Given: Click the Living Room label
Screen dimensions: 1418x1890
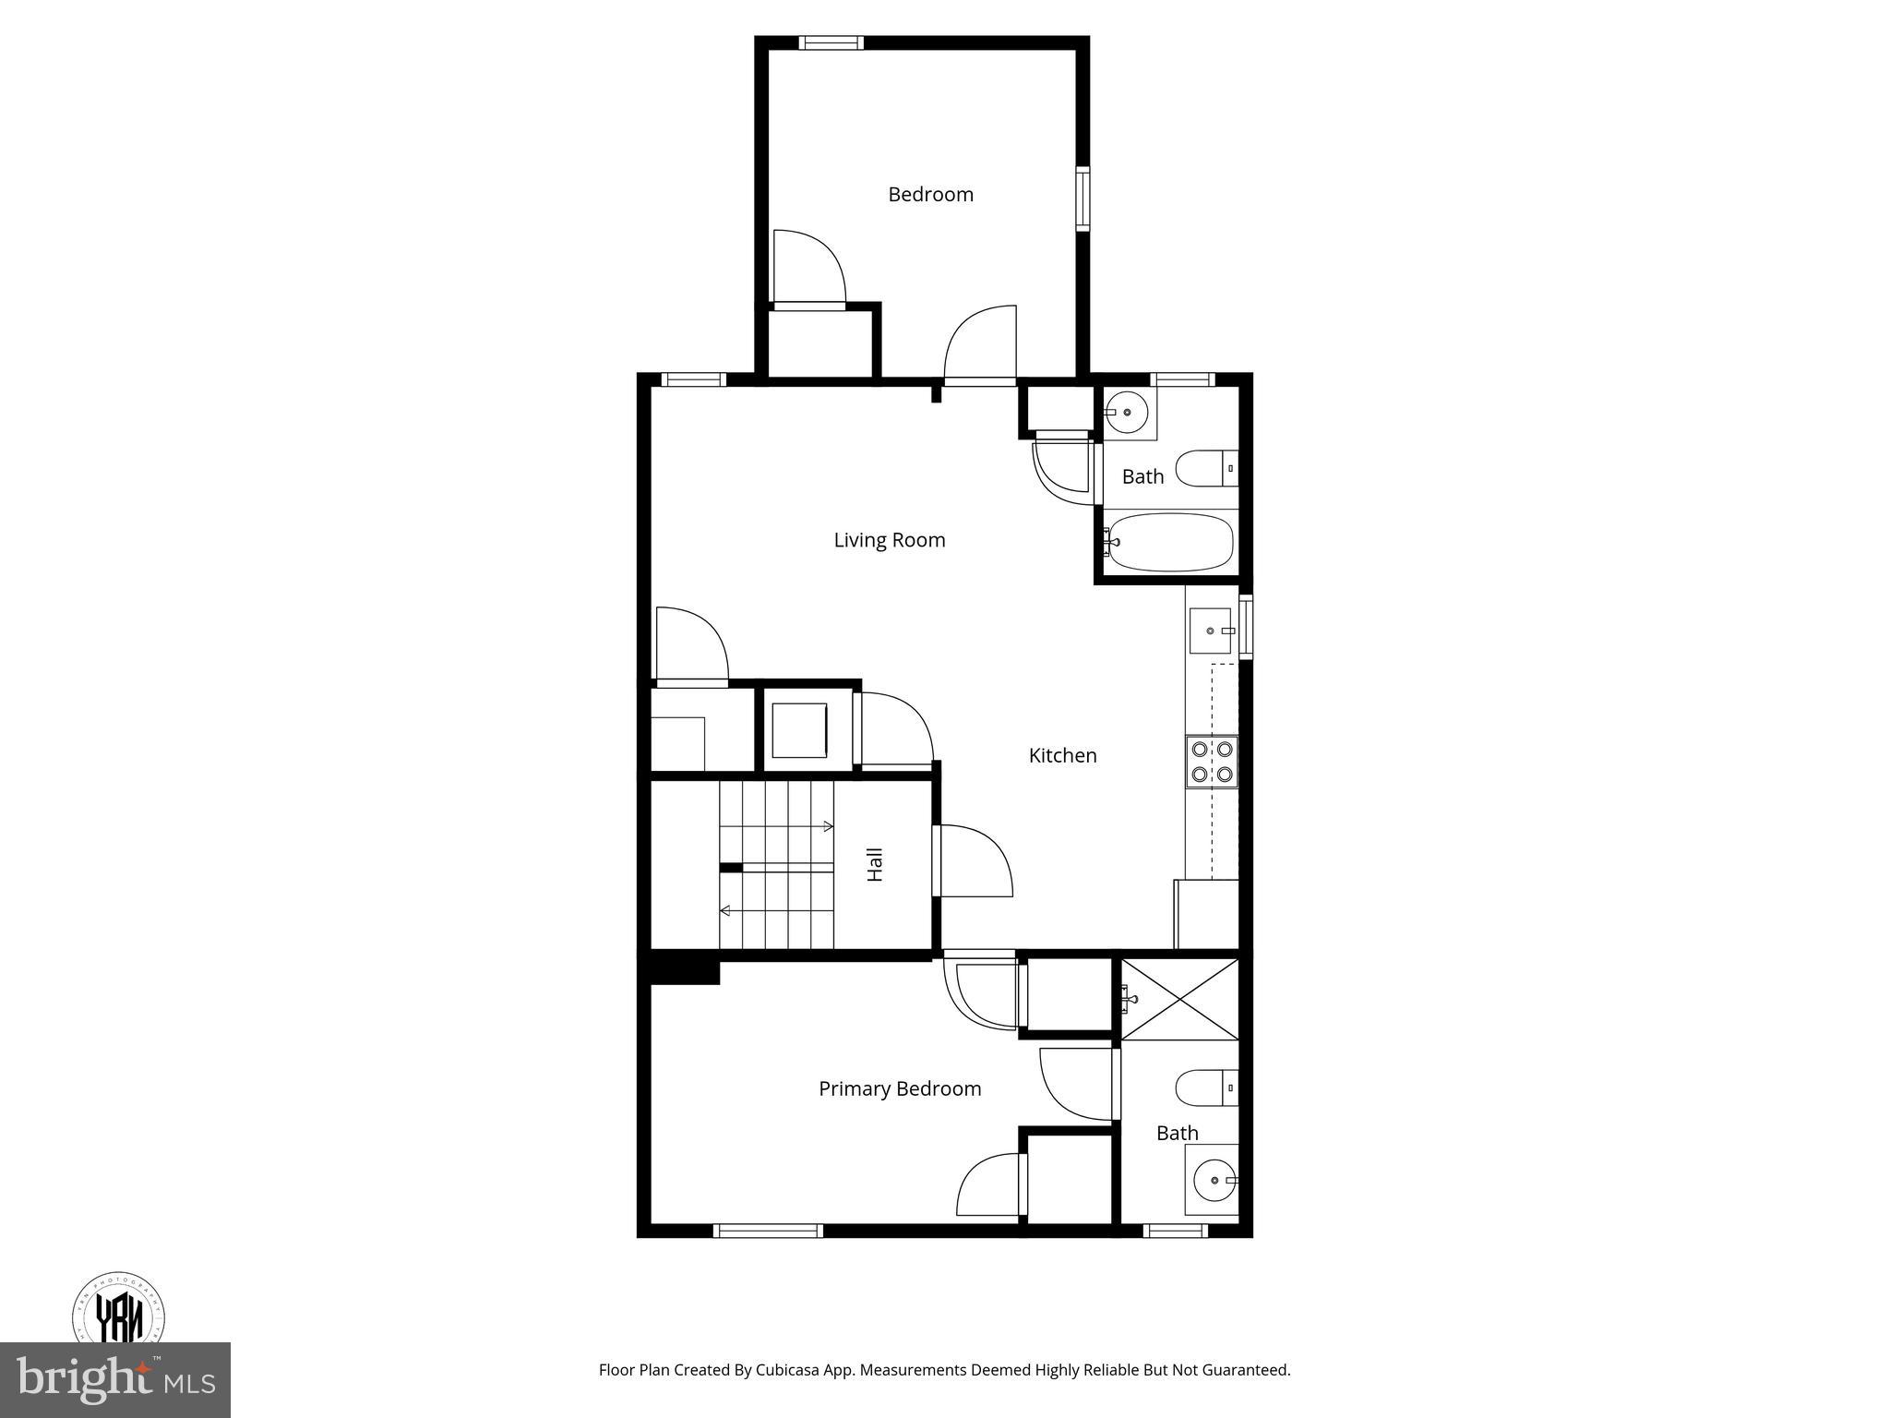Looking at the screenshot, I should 889,540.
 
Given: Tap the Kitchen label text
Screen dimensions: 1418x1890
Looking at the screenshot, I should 1062,755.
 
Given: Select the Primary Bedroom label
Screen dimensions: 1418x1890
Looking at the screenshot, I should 899,1088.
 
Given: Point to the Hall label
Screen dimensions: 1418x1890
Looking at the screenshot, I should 875,864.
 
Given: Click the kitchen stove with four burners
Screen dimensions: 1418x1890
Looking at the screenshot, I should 1212,762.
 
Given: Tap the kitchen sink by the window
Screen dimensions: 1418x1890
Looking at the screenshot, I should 1210,631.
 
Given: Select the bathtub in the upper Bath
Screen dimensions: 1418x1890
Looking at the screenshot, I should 1170,542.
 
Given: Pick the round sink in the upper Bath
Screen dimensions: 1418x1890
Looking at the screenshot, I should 1126,412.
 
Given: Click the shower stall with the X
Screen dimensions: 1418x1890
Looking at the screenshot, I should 1179,1000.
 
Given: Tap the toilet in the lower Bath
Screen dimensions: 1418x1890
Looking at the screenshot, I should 1204,1088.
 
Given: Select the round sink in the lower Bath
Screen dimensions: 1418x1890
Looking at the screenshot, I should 1214,1180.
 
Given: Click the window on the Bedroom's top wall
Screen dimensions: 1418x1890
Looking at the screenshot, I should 831,42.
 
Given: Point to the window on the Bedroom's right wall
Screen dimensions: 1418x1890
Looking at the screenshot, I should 1083,198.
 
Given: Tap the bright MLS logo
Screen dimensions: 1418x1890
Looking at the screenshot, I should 114,1379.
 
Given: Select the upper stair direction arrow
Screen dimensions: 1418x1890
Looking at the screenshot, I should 827,825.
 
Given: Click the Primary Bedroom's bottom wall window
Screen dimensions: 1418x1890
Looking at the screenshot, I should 768,1230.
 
